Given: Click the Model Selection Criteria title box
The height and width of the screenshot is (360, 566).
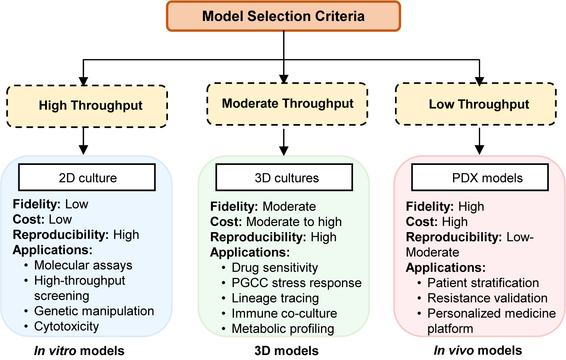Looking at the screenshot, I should pyautogui.click(x=283, y=16).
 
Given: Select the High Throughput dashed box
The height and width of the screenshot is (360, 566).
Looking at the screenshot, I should pyautogui.click(x=87, y=106).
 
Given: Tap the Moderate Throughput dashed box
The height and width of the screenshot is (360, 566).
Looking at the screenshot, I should pyautogui.click(x=287, y=104).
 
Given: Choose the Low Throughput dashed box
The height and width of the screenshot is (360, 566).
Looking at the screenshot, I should pyautogui.click(x=476, y=104).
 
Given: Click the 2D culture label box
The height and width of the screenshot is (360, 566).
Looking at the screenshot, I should pyautogui.click(x=87, y=178).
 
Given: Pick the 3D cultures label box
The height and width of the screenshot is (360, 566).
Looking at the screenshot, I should pyautogui.click(x=284, y=178).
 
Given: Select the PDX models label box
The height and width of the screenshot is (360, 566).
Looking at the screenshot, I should pyautogui.click(x=480, y=178).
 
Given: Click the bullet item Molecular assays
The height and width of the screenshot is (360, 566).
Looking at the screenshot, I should pyautogui.click(x=83, y=265).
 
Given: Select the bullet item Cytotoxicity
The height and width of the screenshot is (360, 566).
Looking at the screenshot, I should pyautogui.click(x=66, y=326).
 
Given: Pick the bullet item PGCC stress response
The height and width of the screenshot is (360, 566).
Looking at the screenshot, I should pyautogui.click(x=296, y=283).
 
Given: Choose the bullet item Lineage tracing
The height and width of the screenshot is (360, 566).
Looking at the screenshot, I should pyautogui.click(x=275, y=298).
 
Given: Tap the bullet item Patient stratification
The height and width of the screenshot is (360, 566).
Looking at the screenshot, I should pyautogui.click(x=483, y=283).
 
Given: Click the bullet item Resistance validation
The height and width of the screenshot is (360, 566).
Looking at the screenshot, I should pyautogui.click(x=487, y=298).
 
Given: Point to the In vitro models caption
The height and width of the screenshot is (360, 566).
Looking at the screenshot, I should pyautogui.click(x=79, y=350).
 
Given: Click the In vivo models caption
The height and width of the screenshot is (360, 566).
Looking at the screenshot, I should pyautogui.click(x=477, y=350).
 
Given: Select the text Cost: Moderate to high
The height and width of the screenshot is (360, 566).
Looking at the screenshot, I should pyautogui.click(x=276, y=222).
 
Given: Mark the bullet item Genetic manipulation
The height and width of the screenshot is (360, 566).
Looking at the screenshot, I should pyautogui.click(x=94, y=311).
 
